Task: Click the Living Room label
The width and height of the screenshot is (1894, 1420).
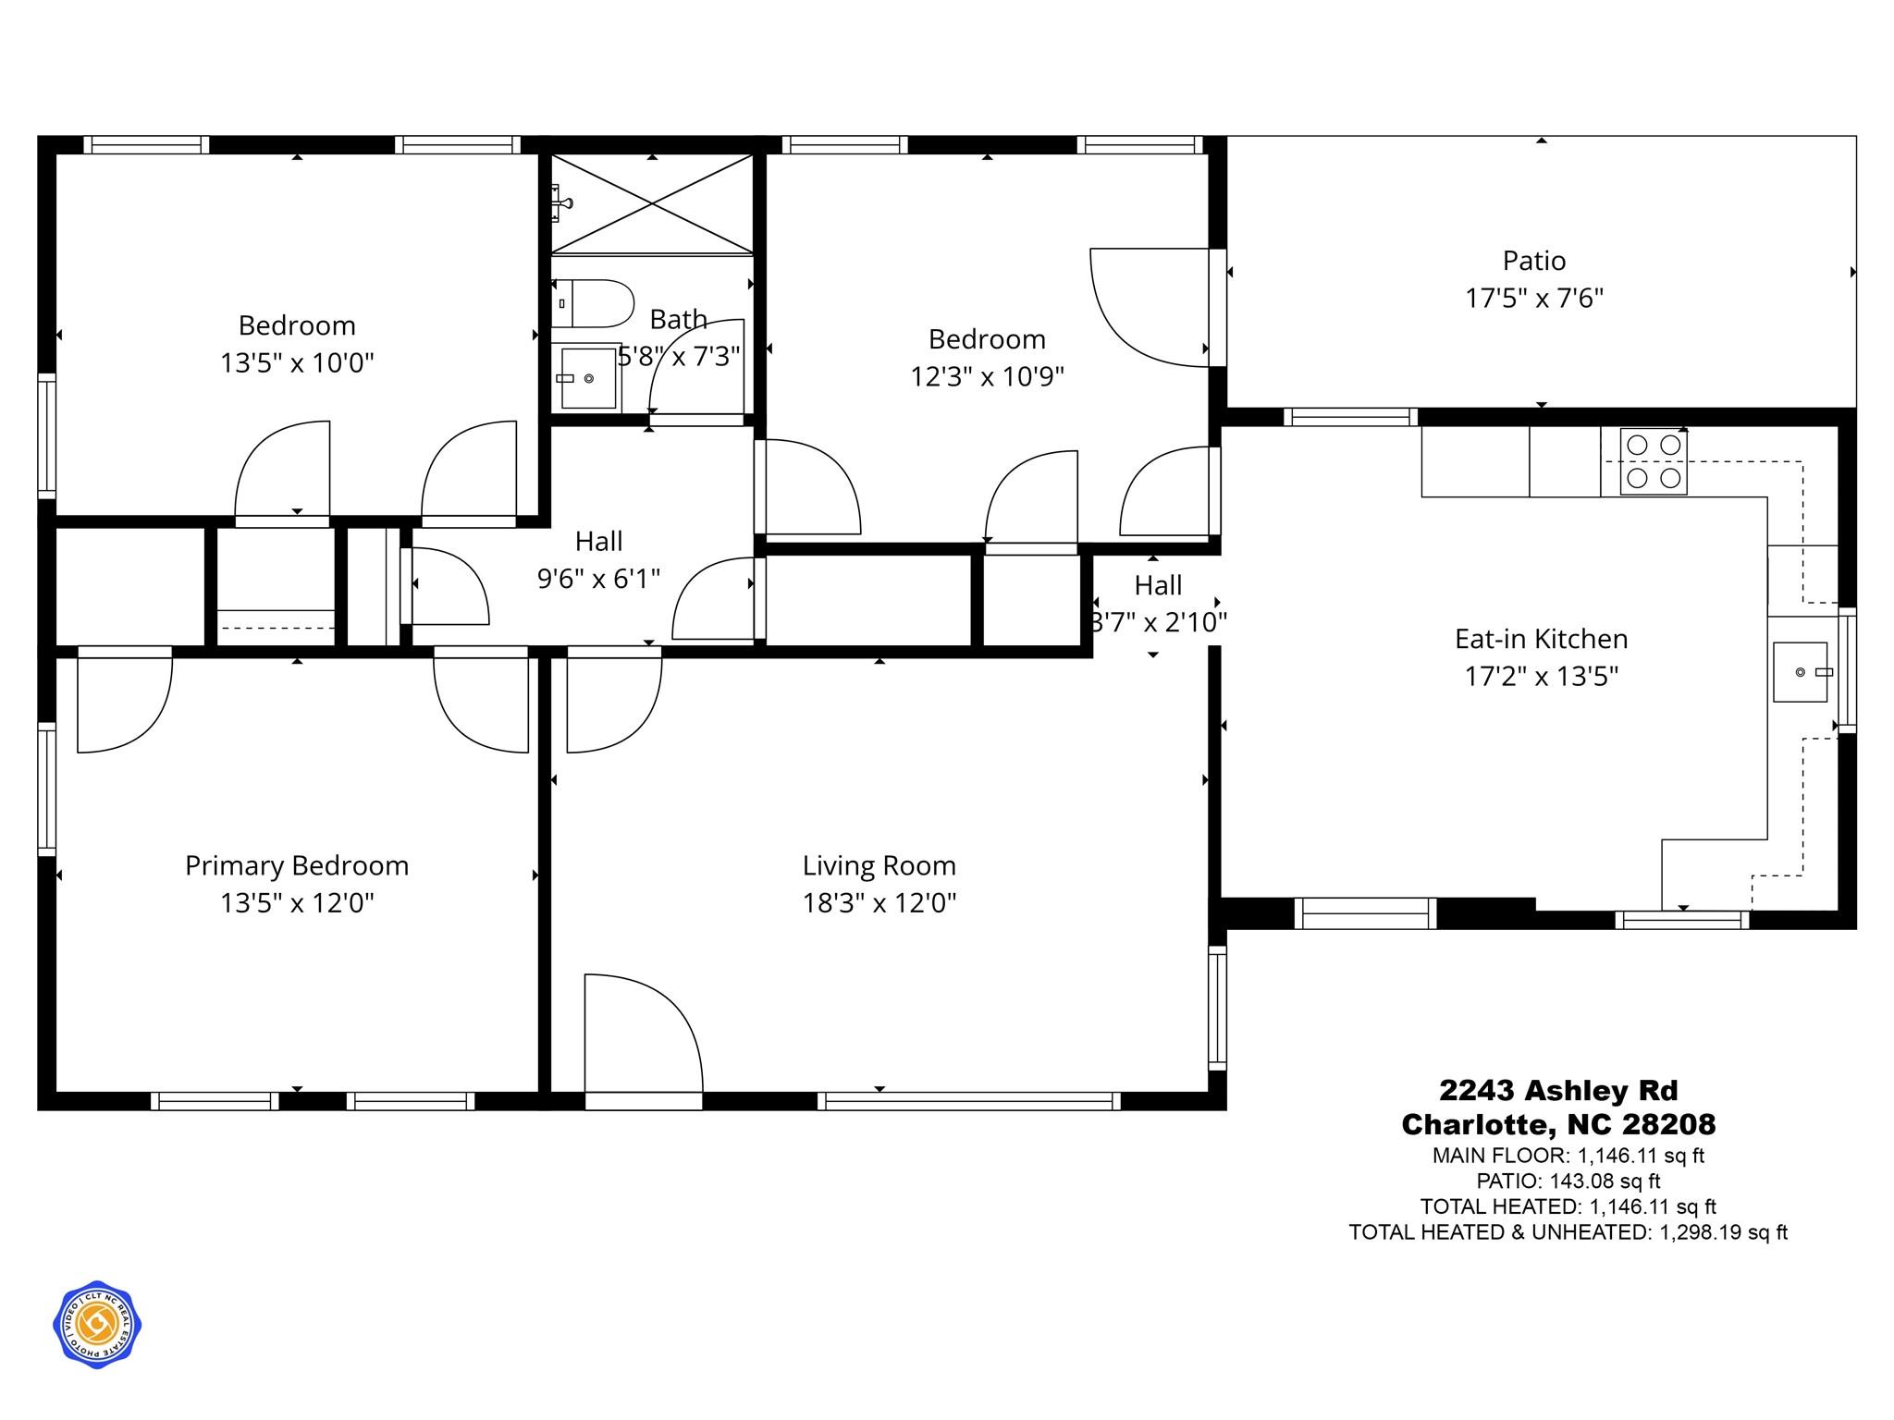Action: pyautogui.click(x=879, y=865)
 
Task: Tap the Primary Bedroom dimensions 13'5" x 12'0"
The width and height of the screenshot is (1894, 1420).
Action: pyautogui.click(x=296, y=903)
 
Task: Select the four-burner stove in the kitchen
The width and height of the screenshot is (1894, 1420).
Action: pyautogui.click(x=1653, y=461)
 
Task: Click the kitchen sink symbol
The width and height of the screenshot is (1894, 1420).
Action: pyautogui.click(x=1800, y=672)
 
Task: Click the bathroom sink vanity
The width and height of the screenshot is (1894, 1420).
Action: pyautogui.click(x=587, y=378)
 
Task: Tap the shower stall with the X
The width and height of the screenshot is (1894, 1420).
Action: pyautogui.click(x=652, y=203)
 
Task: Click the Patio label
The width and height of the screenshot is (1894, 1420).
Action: pyautogui.click(x=1533, y=261)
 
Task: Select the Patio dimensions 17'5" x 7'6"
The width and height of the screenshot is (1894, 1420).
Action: pyautogui.click(x=1533, y=299)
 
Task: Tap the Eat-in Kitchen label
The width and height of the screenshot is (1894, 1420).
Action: pyautogui.click(x=1541, y=639)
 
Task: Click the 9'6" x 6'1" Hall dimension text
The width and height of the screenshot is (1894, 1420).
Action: pyautogui.click(x=598, y=579)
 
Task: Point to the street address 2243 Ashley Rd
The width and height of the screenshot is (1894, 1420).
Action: pyautogui.click(x=1558, y=1091)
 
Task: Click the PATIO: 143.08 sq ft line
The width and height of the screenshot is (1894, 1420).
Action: pyautogui.click(x=1568, y=1181)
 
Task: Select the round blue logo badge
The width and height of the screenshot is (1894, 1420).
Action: pyautogui.click(x=96, y=1326)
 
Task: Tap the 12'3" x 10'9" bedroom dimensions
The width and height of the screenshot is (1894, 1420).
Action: pyautogui.click(x=987, y=377)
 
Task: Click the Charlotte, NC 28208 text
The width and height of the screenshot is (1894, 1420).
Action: pyautogui.click(x=1558, y=1124)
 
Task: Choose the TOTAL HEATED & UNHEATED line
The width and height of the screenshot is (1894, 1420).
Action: pyautogui.click(x=1568, y=1232)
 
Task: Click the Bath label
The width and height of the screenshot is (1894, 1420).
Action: pyautogui.click(x=678, y=319)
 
